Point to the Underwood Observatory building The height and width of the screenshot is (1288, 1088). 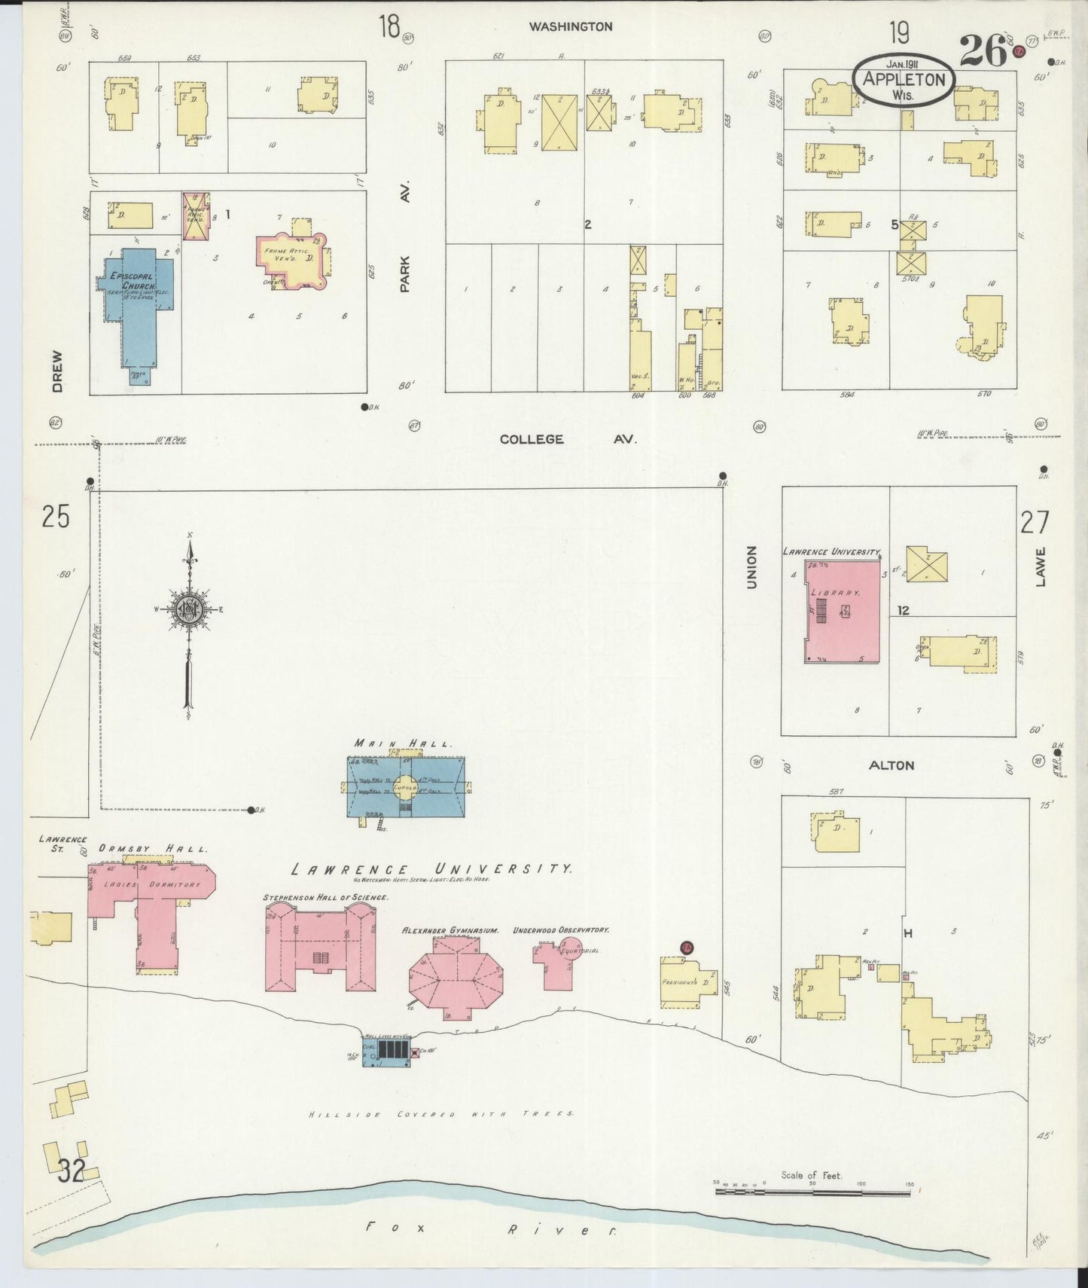click(x=556, y=964)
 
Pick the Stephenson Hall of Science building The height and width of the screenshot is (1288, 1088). click(x=319, y=949)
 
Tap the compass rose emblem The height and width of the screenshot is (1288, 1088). click(x=187, y=610)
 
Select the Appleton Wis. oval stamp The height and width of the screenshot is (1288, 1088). click(x=904, y=78)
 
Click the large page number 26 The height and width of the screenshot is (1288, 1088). click(x=983, y=51)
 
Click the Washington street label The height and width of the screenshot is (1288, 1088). click(x=570, y=26)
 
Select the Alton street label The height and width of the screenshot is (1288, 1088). click(x=891, y=765)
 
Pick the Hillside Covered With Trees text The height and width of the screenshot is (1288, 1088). click(x=440, y=1114)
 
